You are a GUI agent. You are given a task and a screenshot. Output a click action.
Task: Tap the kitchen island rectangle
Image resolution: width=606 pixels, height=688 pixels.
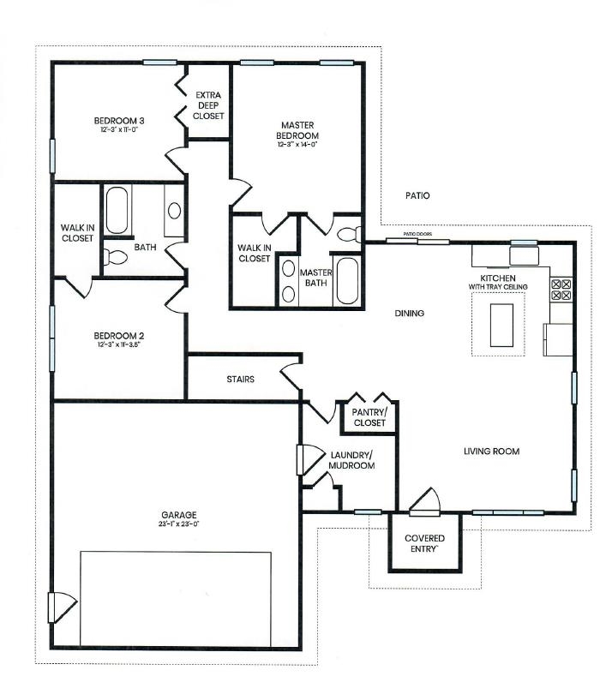pyautogui.click(x=499, y=324)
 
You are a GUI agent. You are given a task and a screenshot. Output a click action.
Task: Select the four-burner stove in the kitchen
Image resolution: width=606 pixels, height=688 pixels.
pyautogui.click(x=561, y=289)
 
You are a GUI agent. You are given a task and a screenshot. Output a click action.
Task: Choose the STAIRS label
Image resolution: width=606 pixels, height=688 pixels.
pyautogui.click(x=240, y=379)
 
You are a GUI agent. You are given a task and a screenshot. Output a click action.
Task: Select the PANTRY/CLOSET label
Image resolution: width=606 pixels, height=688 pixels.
pyautogui.click(x=369, y=417)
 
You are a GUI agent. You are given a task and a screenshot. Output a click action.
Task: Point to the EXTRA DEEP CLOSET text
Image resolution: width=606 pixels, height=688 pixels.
pyautogui.click(x=208, y=105)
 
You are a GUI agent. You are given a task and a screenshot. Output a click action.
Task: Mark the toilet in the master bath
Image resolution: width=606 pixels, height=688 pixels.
pyautogui.click(x=348, y=233)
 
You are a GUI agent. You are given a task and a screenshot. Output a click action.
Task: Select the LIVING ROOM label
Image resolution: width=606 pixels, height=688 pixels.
pyautogui.click(x=491, y=452)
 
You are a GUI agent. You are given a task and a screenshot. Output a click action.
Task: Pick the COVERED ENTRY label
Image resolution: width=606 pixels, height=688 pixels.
pyautogui.click(x=424, y=544)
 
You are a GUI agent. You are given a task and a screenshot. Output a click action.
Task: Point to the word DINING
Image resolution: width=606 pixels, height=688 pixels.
pyautogui.click(x=409, y=314)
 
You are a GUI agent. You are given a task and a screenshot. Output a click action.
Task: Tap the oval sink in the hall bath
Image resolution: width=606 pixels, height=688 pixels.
pyautogui.click(x=174, y=211)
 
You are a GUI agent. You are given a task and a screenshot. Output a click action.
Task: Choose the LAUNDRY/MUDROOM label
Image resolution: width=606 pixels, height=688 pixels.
pyautogui.click(x=351, y=460)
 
